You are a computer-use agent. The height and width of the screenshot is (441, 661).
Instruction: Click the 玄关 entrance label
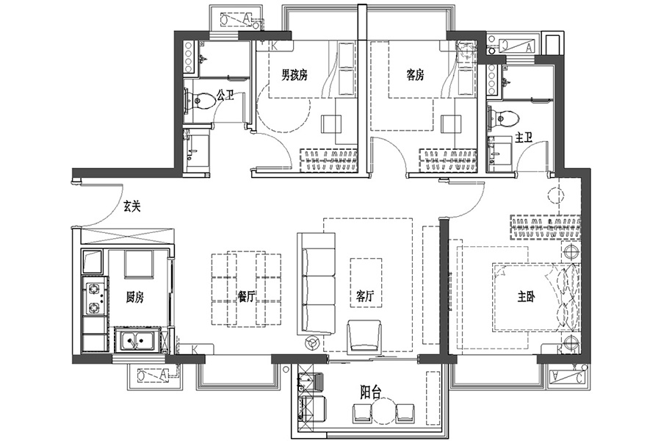131,207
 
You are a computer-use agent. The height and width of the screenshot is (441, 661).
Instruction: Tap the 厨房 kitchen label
135,298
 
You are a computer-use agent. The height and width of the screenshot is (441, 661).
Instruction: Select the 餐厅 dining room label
247,297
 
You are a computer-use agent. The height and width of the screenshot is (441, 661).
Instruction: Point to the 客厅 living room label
365,297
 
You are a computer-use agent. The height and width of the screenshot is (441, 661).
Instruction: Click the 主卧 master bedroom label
526,297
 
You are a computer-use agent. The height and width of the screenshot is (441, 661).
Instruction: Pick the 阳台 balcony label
371,392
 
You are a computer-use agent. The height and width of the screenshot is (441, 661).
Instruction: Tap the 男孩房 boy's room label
295,75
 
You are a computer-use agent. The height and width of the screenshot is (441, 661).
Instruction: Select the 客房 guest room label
415,75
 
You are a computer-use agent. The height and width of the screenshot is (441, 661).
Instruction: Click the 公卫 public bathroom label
225,95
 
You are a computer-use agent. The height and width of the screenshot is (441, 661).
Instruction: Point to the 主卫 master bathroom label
524,137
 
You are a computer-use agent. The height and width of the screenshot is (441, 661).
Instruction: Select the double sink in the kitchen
137,340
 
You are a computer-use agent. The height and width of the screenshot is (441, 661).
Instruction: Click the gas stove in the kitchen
95,298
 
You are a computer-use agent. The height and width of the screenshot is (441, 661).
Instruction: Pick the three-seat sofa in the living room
316,284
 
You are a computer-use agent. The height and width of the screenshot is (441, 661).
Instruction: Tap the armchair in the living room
364,336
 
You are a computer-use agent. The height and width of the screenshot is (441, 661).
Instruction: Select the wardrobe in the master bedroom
545,228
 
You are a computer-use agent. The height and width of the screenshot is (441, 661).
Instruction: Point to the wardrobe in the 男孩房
329,160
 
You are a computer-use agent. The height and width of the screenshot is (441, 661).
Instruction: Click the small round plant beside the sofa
312,343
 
